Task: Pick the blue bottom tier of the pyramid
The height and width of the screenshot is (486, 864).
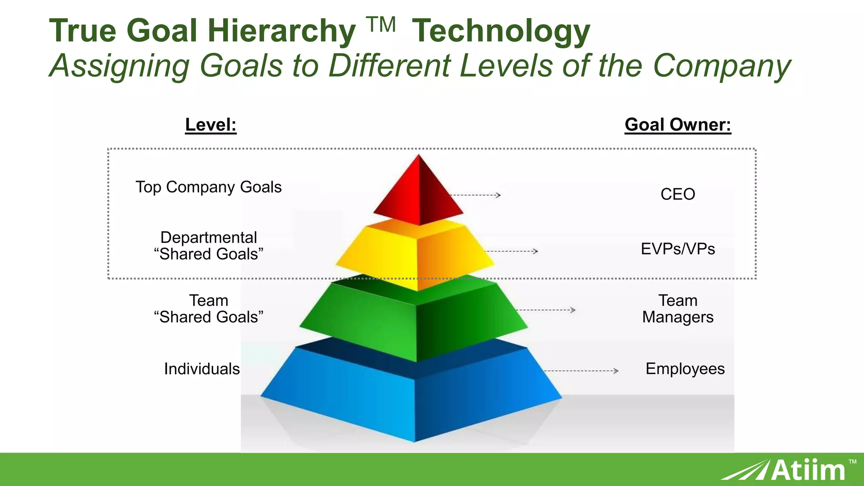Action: pyautogui.click(x=413, y=401)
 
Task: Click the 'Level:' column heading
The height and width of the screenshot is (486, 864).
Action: pyautogui.click(x=211, y=125)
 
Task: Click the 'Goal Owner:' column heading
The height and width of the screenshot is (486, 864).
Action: pyautogui.click(x=678, y=125)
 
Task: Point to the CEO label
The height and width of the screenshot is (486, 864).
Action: pyautogui.click(x=678, y=194)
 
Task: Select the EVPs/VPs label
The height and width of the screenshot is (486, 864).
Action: pyautogui.click(x=678, y=249)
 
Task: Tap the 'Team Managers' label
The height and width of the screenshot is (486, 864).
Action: pyautogui.click(x=678, y=309)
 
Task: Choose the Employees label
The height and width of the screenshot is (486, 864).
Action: pyautogui.click(x=685, y=369)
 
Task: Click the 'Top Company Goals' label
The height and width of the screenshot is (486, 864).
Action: pyautogui.click(x=208, y=187)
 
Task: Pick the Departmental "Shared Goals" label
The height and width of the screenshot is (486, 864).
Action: pyautogui.click(x=208, y=246)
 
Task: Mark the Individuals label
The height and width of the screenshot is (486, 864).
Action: pyautogui.click(x=202, y=369)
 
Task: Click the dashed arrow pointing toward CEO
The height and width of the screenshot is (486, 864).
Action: pyautogui.click(x=475, y=195)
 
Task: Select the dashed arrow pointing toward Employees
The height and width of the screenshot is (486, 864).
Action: pyautogui.click(x=581, y=371)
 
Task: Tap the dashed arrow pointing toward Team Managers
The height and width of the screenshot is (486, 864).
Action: pyautogui.click(x=545, y=310)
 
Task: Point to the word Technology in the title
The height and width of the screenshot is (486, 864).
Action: pyautogui.click(x=501, y=32)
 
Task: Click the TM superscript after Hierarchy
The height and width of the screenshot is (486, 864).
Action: pyautogui.click(x=381, y=25)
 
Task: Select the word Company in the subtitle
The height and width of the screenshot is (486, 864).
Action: pyautogui.click(x=721, y=66)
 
